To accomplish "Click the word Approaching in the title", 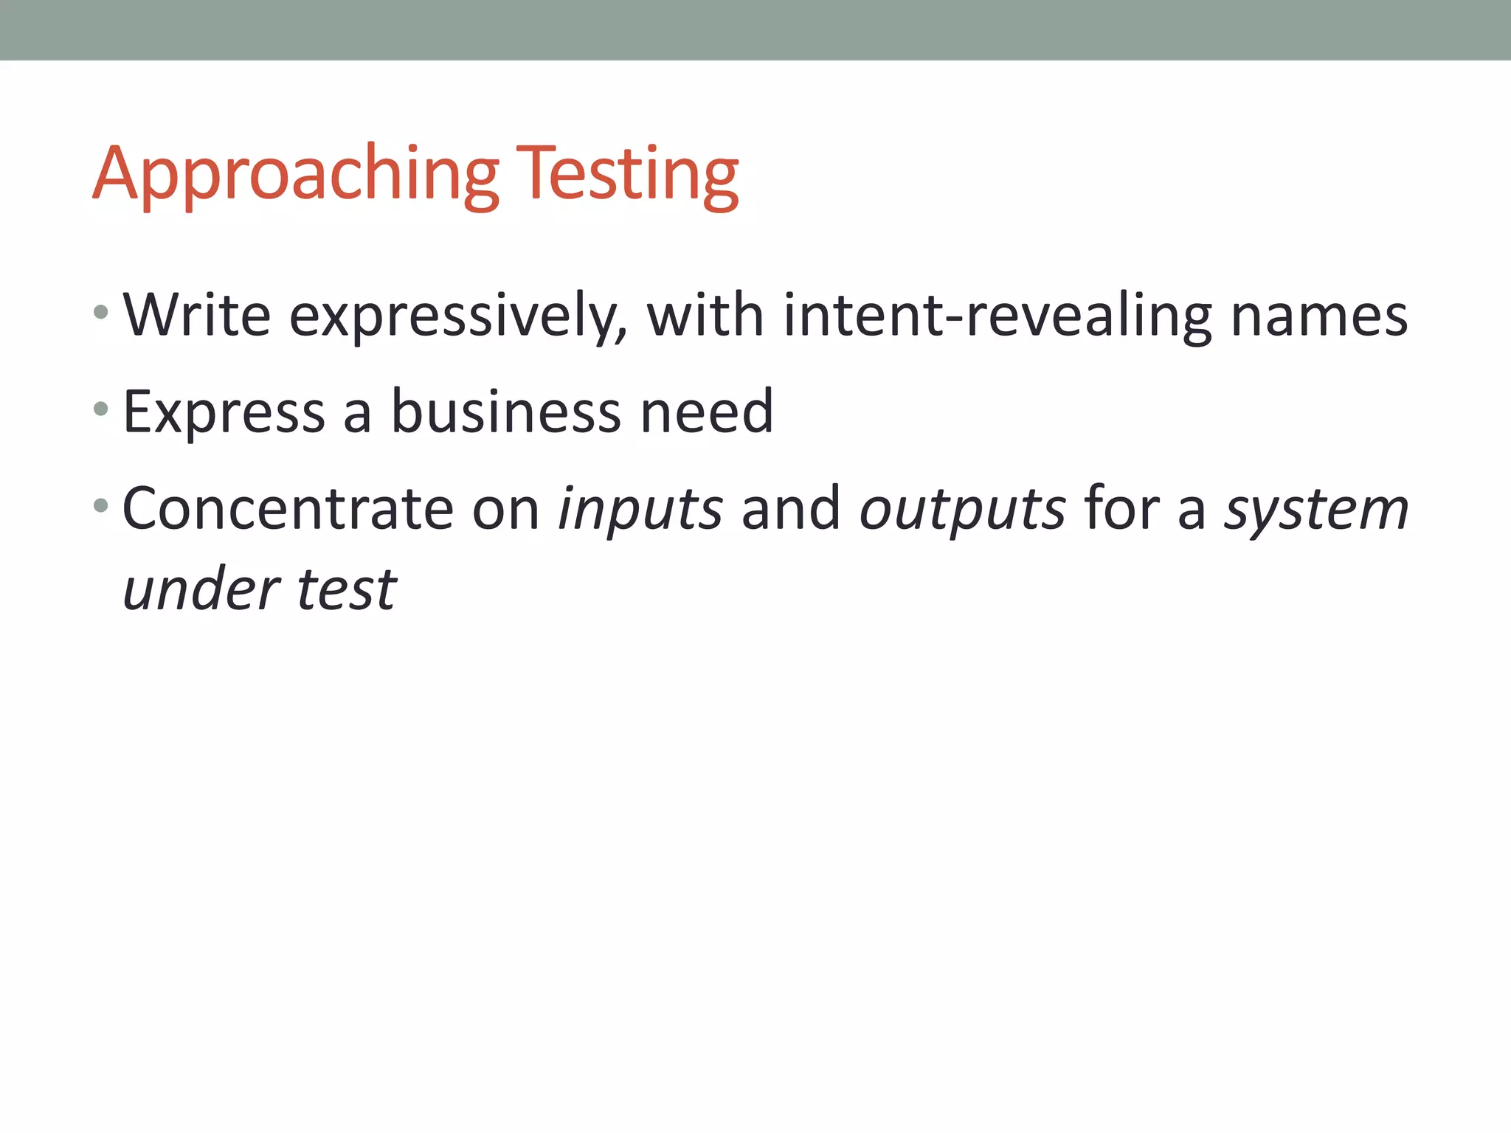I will click(295, 175).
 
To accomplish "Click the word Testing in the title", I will click(627, 175).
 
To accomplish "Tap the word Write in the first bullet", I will click(197, 315).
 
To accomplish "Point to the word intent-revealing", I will click(997, 316).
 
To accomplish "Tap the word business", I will click(505, 411).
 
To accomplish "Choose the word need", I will click(706, 411).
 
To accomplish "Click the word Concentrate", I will click(287, 508).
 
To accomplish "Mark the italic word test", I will click(346, 590).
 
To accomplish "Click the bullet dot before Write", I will click(102, 313).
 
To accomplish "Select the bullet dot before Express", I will click(102, 409).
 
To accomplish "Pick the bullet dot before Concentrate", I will click(102, 506).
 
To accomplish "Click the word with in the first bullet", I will click(705, 315).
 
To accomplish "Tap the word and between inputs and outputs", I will click(790, 508).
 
